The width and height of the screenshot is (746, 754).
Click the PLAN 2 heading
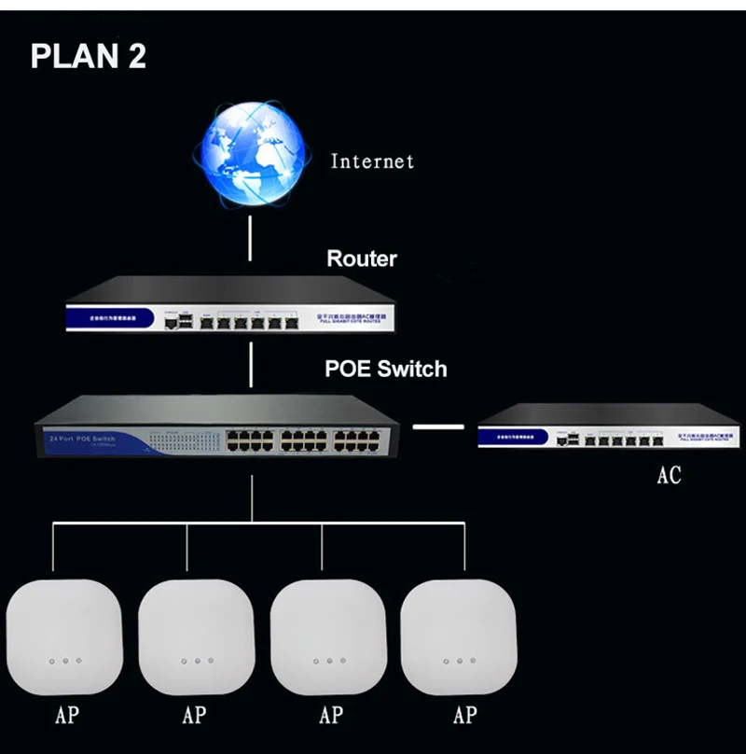pos(89,55)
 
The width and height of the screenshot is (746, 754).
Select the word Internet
pos(372,161)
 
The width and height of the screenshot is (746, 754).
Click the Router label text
pos(362,258)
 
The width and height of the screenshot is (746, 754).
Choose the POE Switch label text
pos(385,369)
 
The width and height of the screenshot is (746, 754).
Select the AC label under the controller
pos(669,475)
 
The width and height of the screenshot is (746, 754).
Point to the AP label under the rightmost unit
pos(464,717)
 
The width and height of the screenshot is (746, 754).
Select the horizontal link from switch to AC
pos(437,427)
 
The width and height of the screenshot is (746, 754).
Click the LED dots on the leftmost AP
pos(65,661)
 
